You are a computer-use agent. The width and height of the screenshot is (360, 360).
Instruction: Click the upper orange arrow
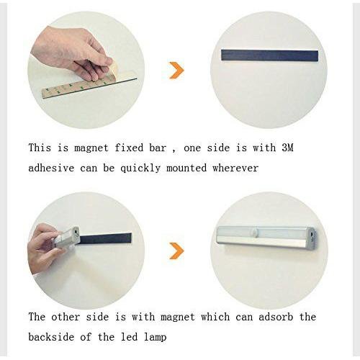(x=177, y=71)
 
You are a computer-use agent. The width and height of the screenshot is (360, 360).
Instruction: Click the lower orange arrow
(x=177, y=251)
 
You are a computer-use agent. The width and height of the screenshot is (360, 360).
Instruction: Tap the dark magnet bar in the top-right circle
(x=269, y=55)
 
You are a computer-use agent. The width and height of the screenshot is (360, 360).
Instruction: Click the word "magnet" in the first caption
(x=91, y=148)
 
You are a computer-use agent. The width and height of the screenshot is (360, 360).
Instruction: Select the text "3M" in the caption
(x=288, y=148)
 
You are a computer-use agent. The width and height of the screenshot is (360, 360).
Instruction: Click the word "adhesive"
(x=51, y=168)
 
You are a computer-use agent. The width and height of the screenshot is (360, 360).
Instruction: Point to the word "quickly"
(x=140, y=168)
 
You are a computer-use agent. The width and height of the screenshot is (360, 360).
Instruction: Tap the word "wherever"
(x=235, y=168)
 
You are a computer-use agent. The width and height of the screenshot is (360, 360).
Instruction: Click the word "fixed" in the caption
(x=129, y=148)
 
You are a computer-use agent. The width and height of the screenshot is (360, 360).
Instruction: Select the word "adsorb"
(x=276, y=317)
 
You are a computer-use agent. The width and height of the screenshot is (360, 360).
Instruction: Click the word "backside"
(x=51, y=337)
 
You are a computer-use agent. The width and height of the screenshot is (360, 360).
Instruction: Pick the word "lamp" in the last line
(x=155, y=338)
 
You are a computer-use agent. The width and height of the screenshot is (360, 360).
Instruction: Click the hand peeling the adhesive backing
(x=72, y=52)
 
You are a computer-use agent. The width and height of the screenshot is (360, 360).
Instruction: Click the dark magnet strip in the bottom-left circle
(x=105, y=238)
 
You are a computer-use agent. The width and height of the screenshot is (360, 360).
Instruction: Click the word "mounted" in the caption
(x=186, y=168)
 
